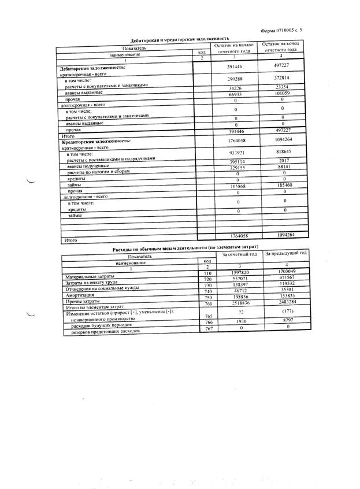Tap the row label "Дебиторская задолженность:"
tap(93, 68)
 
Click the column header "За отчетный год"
tap(236, 254)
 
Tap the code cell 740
tap(202, 291)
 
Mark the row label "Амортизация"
tap(80, 295)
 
